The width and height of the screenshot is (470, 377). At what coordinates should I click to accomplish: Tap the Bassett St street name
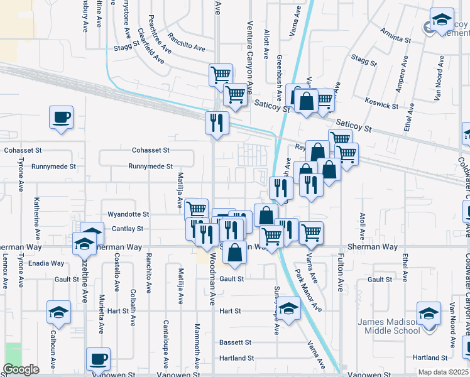click(x=235, y=342)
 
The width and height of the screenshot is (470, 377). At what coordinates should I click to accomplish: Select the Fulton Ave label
click(x=341, y=277)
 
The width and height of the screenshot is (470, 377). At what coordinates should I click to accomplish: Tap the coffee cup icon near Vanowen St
click(x=98, y=359)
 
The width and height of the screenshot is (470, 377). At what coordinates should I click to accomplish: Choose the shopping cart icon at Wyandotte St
click(x=197, y=209)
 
